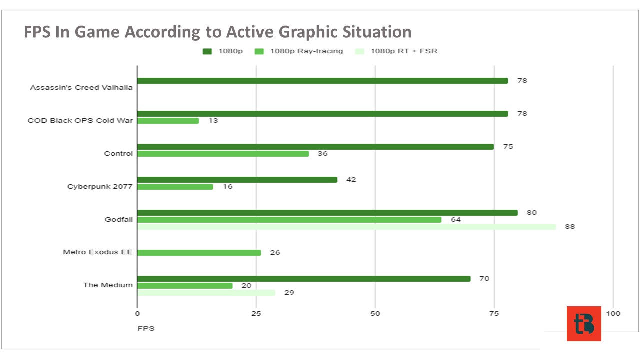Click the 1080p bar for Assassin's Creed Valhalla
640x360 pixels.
point(323,81)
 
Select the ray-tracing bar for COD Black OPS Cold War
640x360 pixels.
point(168,121)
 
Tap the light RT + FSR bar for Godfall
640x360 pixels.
point(347,227)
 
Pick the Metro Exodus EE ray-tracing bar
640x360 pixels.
point(199,253)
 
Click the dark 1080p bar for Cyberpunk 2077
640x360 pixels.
point(237,180)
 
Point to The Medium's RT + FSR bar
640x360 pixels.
point(206,293)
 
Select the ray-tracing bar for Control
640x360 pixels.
point(223,154)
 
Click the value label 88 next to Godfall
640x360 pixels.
point(570,227)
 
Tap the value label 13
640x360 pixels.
point(213,121)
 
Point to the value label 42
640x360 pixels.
point(351,180)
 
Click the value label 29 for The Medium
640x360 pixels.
point(289,293)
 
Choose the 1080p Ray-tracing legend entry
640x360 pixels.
point(299,51)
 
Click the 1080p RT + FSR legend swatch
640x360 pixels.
point(359,51)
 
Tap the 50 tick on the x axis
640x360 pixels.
point(375,314)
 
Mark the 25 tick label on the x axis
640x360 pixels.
point(256,314)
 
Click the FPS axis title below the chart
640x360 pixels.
point(146,329)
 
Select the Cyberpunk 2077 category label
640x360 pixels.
point(100,187)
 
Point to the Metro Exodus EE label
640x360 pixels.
point(98,252)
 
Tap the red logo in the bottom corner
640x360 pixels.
point(584,324)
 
